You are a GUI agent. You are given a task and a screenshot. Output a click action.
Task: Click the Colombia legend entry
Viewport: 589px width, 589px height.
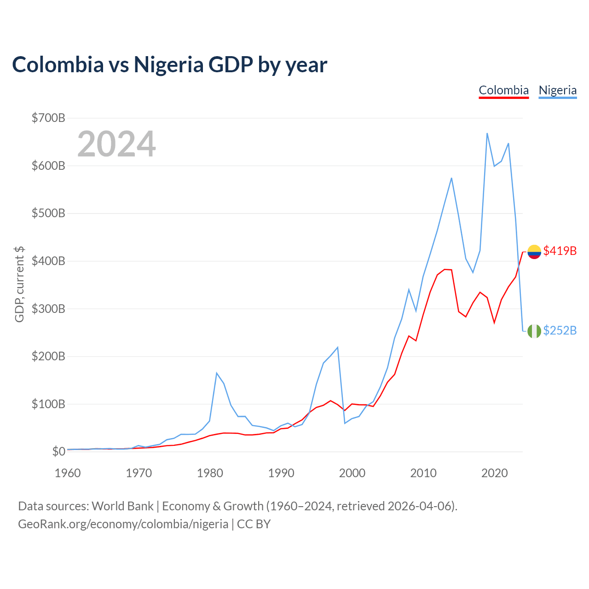click(x=503, y=91)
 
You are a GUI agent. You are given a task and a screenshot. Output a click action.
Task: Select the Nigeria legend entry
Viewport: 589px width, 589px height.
click(x=558, y=91)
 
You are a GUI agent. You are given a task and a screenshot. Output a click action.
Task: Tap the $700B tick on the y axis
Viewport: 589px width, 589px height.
click(x=48, y=118)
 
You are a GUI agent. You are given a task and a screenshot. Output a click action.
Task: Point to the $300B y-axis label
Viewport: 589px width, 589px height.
click(x=48, y=309)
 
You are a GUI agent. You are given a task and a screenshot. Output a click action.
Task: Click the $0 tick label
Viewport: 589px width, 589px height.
click(x=59, y=451)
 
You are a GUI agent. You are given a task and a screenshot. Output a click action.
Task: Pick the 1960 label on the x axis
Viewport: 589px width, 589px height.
click(x=68, y=473)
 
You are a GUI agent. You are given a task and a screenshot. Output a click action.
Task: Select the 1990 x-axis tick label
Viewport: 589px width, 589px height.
click(x=281, y=473)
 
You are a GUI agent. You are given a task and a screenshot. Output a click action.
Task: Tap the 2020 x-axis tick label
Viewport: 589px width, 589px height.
click(x=494, y=473)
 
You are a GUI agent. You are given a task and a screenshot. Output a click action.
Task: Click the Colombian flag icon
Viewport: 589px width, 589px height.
click(x=534, y=252)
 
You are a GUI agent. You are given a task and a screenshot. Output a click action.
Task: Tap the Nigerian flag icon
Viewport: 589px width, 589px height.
click(x=534, y=331)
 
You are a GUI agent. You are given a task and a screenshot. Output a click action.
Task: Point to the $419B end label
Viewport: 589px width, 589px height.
click(x=560, y=251)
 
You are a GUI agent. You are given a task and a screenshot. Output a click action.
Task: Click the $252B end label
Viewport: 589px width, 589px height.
click(x=560, y=331)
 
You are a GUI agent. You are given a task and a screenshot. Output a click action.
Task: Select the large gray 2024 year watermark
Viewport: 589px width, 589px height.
click(x=116, y=144)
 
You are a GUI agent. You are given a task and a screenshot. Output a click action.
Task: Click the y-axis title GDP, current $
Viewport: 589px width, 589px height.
click(x=19, y=284)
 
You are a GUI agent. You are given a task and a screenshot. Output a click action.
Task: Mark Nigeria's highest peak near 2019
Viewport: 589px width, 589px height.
click(x=487, y=133)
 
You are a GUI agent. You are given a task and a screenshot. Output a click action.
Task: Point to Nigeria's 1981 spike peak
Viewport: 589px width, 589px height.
click(x=217, y=373)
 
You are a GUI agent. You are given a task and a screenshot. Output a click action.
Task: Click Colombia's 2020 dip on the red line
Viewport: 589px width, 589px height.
click(x=494, y=323)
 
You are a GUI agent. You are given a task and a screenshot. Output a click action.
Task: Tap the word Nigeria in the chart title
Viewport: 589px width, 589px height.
click(x=169, y=64)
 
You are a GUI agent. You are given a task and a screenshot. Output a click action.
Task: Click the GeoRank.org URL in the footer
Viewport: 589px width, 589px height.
click(x=123, y=524)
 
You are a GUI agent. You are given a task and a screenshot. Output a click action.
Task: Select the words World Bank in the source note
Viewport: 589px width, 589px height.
click(x=122, y=506)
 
